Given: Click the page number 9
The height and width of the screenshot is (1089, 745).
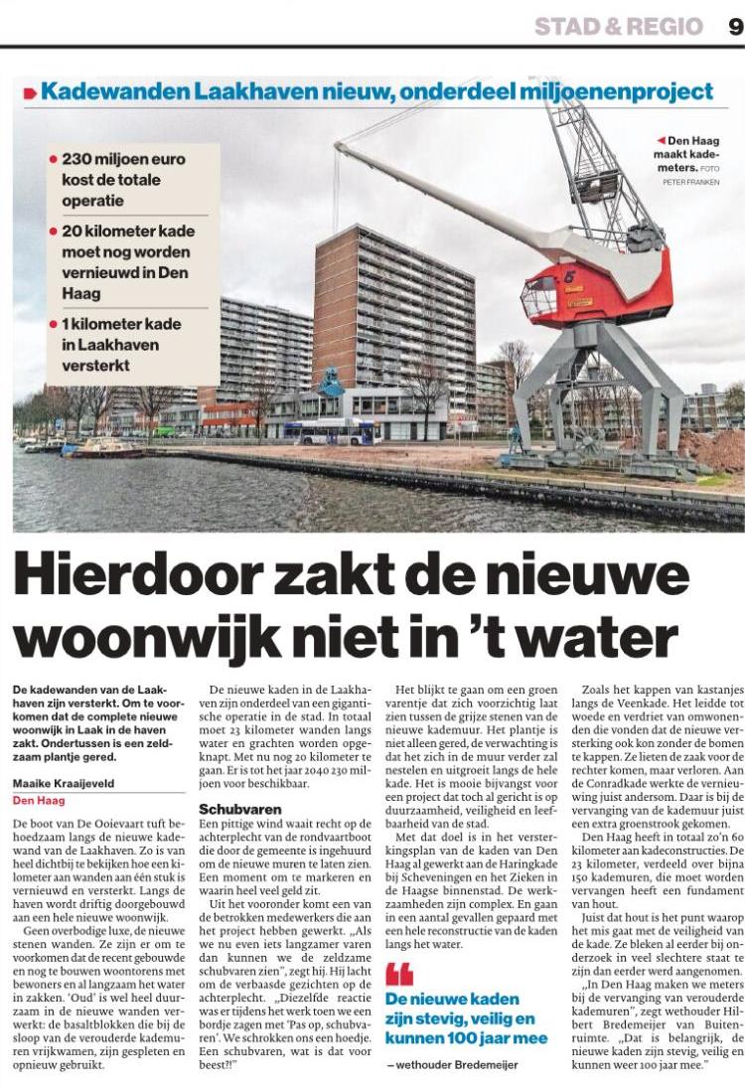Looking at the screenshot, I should [x=735, y=26].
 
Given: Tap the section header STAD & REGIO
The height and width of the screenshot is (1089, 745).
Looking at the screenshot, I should [x=618, y=27].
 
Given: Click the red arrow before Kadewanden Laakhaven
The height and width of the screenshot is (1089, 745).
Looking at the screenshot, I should [x=30, y=93].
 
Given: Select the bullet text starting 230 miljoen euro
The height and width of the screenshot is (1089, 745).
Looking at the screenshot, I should [x=129, y=179].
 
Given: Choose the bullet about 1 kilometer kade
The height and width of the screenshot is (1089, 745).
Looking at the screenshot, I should [x=129, y=343].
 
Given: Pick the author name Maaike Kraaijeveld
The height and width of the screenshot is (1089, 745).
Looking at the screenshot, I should [x=64, y=783].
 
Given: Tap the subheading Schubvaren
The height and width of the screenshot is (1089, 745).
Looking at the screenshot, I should [x=240, y=808].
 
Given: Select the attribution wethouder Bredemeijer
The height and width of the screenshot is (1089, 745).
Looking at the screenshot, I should [x=457, y=1065].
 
